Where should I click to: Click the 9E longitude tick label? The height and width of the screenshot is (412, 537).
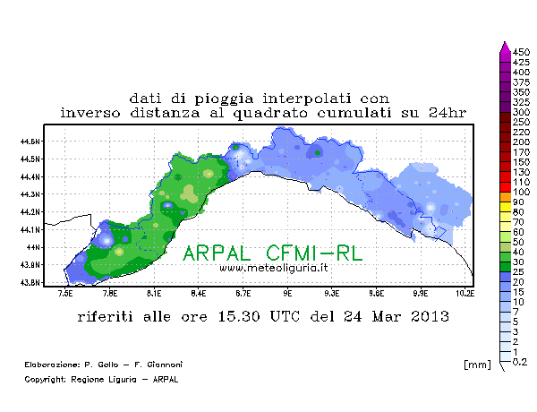coord(287,294)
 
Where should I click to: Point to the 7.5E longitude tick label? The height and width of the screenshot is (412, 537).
coord(65,294)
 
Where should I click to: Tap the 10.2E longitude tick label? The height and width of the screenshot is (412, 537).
coord(465,294)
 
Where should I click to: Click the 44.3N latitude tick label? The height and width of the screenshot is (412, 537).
coord(30,194)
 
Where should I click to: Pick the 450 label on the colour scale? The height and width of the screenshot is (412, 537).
coord(521,52)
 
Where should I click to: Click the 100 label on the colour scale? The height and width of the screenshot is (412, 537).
coord(521,192)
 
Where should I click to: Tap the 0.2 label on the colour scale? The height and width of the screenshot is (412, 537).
coord(520,362)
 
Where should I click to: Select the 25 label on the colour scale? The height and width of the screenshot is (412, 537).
coord(518,271)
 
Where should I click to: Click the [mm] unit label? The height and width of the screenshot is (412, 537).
coord(477,365)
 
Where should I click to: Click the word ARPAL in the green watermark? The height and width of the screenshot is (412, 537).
coord(217,253)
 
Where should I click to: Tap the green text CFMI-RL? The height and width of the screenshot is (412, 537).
coord(314,253)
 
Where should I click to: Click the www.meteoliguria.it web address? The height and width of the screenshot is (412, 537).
coord(274,268)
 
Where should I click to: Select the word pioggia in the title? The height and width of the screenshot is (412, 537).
coord(224,99)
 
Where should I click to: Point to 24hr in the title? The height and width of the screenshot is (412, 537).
coord(447,113)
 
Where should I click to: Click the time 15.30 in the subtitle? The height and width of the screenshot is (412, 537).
coord(239,316)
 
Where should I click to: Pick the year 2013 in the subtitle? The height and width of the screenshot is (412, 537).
coord(430,316)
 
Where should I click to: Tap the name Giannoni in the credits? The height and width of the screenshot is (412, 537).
coord(165,365)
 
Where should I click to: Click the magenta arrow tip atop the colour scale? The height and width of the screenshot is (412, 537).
coord(505,41)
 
